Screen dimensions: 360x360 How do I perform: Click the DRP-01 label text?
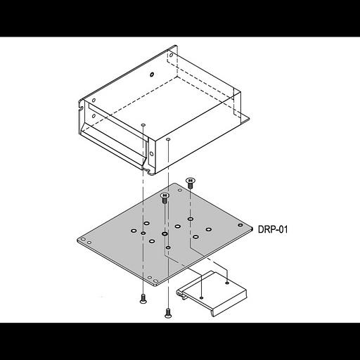point(273,229)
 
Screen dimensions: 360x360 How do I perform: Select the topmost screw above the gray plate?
point(191,183)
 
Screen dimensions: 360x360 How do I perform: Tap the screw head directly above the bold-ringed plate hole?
point(165,198)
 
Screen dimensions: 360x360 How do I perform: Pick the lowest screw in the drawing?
point(167,313)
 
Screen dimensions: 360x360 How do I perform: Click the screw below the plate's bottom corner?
point(143,299)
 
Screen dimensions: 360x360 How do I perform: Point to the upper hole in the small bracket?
point(227,283)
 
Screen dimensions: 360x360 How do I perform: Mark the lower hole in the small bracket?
point(202,297)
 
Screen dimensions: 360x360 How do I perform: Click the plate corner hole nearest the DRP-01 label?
point(240,225)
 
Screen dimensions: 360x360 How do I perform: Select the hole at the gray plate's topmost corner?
point(180,190)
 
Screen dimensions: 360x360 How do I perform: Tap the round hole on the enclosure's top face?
point(152,75)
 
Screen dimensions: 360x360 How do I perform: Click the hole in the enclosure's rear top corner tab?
point(171,56)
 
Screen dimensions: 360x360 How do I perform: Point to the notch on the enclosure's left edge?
point(81,108)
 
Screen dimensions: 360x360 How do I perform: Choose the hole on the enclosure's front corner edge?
point(152,154)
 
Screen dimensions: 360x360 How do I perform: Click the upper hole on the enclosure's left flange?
point(94,101)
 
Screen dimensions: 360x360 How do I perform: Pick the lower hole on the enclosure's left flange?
point(94,116)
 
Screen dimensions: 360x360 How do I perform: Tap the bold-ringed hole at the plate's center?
point(165,233)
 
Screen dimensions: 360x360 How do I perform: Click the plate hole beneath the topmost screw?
point(191,219)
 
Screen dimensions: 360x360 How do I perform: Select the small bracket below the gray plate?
point(212,293)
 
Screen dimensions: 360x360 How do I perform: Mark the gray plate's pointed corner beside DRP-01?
point(252,229)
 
